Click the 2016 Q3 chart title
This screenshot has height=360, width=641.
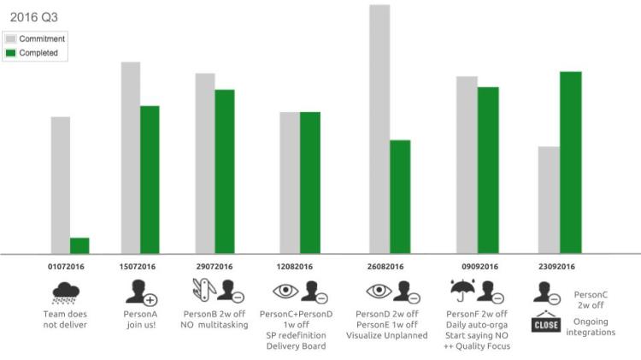tap(28, 17)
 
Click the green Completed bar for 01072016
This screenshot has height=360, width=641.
tap(79, 245)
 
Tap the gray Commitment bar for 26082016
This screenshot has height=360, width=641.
tap(379, 129)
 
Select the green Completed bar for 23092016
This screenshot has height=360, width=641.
tap(570, 162)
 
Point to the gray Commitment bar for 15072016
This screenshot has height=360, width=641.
tap(131, 158)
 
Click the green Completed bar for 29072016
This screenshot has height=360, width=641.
tap(225, 172)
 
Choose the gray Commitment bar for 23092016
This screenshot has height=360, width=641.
tap(549, 200)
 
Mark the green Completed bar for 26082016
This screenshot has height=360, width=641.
tap(400, 197)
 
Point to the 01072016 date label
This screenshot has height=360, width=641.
tap(66, 267)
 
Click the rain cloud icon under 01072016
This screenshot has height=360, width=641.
tap(66, 293)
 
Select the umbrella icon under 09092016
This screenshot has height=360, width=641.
tap(462, 292)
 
